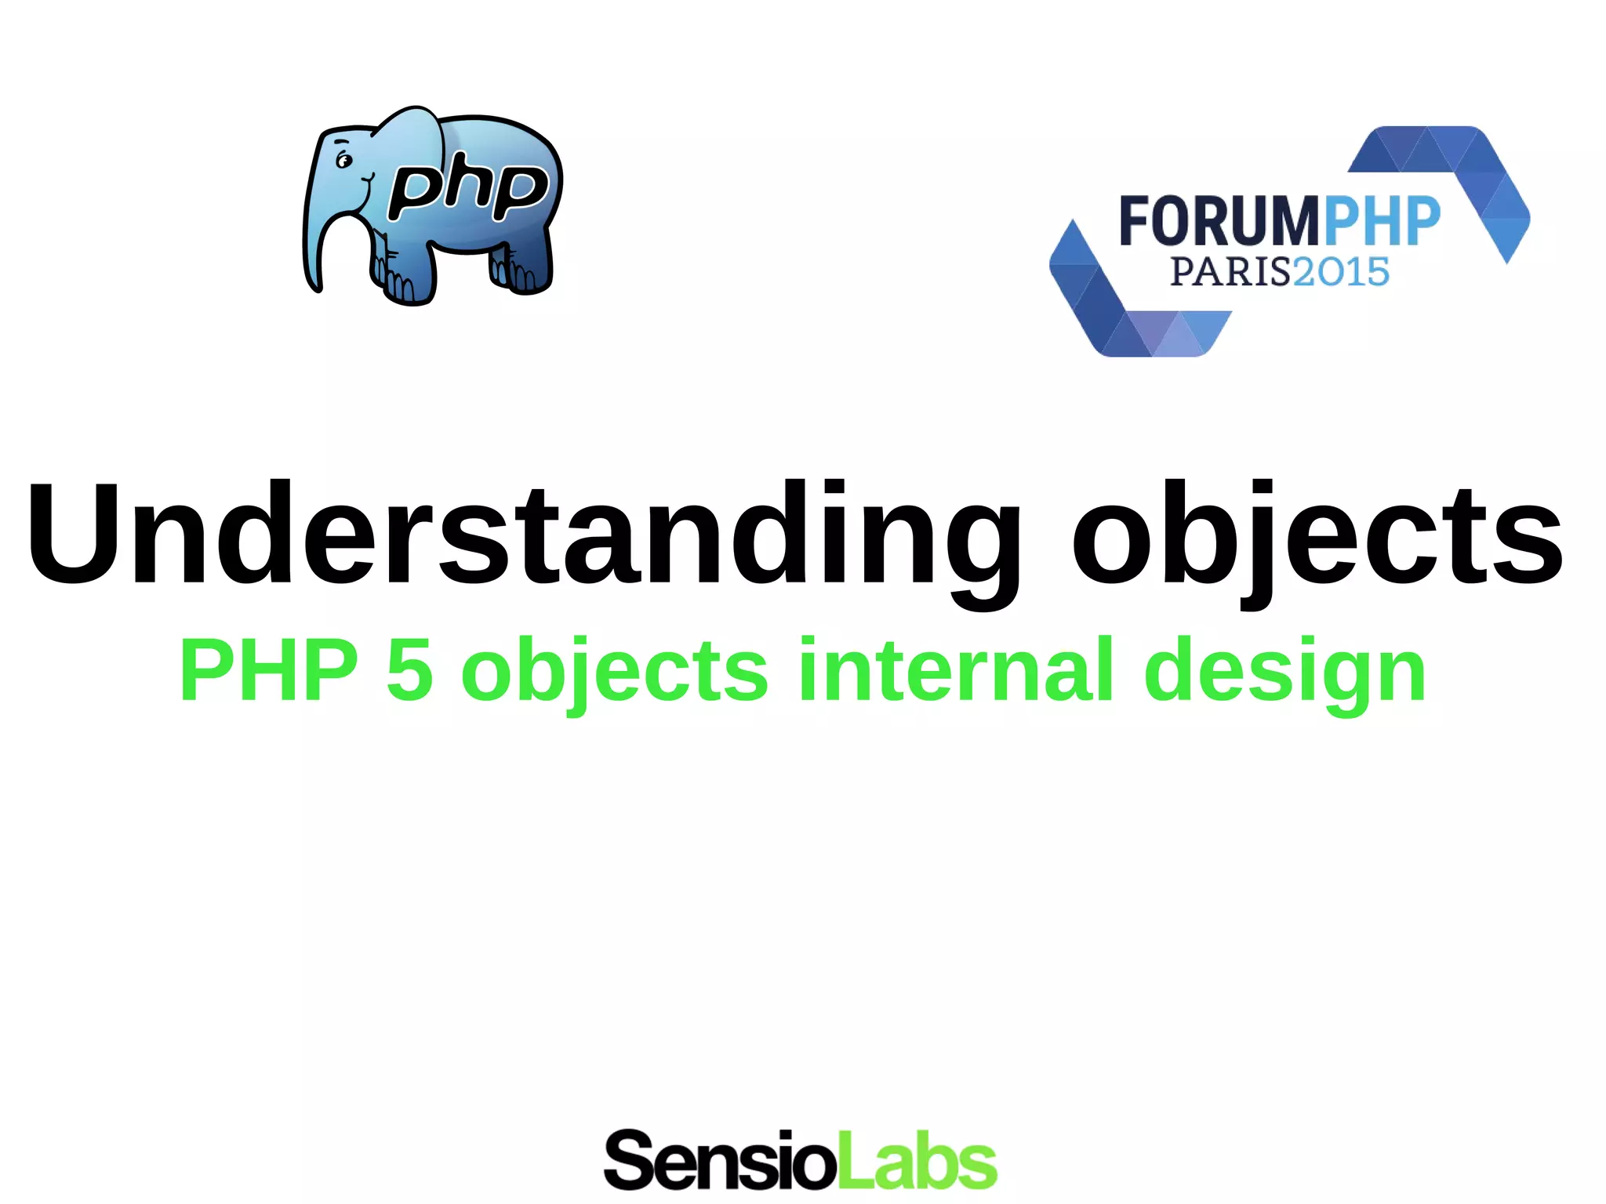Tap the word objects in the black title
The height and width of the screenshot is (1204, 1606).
coord(1317,537)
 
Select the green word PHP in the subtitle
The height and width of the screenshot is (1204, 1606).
coord(269,671)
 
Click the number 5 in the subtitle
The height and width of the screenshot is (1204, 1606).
coord(409,671)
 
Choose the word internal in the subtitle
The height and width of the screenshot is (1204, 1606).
coord(955,669)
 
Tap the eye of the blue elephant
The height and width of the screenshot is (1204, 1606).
coord(343,161)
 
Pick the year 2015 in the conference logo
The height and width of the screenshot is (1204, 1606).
coord(1341,272)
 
